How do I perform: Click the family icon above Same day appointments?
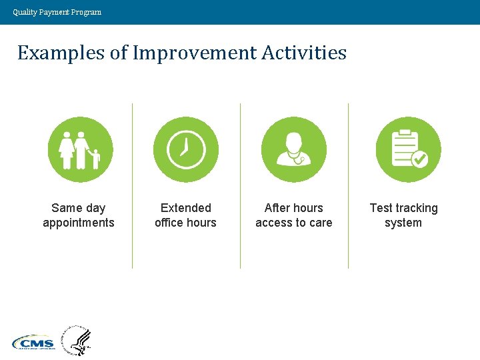pyautogui.click(x=80, y=149)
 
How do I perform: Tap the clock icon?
pyautogui.click(x=185, y=149)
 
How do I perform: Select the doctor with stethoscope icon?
pyautogui.click(x=293, y=149)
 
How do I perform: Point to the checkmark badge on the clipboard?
pyautogui.click(x=419, y=159)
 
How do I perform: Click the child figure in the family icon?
pyautogui.click(x=95, y=159)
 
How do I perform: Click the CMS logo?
pyautogui.click(x=33, y=343)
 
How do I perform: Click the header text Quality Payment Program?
pyautogui.click(x=57, y=12)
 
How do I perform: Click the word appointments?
pyautogui.click(x=79, y=223)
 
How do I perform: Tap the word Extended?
pyautogui.click(x=185, y=208)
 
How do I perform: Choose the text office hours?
pyautogui.click(x=185, y=223)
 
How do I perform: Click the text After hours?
pyautogui.click(x=293, y=208)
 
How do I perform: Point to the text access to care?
pyautogui.click(x=293, y=223)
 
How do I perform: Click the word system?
pyautogui.click(x=403, y=223)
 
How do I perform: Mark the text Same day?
pyautogui.click(x=79, y=208)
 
